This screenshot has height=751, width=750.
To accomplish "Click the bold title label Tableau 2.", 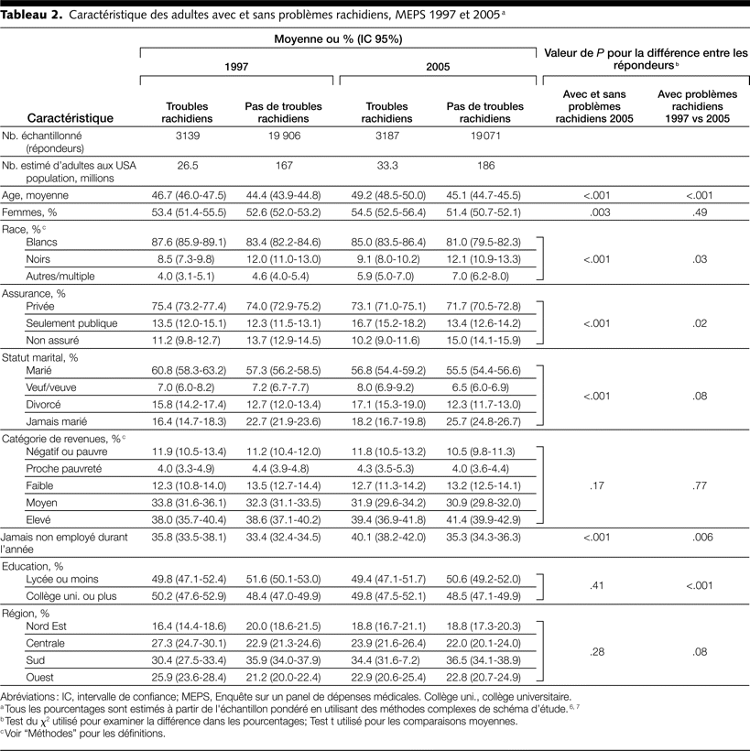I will (x=31, y=16).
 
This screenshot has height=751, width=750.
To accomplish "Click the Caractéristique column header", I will (x=71, y=117).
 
